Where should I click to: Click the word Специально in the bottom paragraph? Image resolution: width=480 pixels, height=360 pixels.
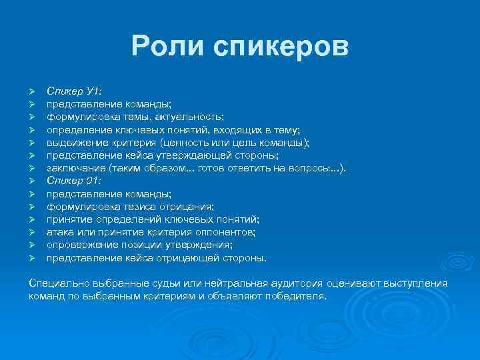pos(59,283)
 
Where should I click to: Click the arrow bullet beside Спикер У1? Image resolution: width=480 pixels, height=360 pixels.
pos(31,91)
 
